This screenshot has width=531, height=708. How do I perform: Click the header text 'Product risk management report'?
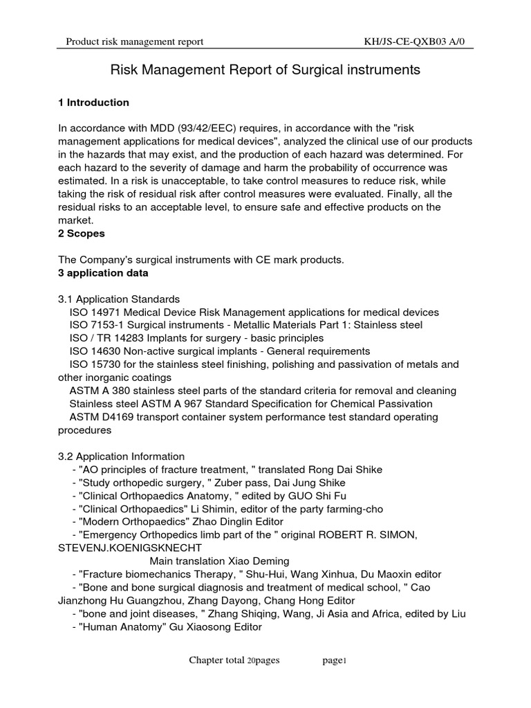point(134,42)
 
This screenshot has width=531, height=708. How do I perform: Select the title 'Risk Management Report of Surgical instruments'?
point(265,70)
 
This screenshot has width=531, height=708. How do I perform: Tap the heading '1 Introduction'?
point(93,102)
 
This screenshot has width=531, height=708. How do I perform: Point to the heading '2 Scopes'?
point(82,233)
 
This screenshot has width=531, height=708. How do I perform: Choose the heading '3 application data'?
point(103,272)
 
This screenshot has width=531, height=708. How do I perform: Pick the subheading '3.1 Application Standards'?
point(119,299)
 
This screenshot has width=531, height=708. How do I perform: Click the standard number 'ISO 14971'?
point(95,312)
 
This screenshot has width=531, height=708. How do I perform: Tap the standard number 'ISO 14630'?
point(95,351)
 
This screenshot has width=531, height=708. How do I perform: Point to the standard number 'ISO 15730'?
point(95,364)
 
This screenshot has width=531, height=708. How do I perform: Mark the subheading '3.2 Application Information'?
point(121,456)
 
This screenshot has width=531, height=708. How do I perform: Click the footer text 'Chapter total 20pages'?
point(234,660)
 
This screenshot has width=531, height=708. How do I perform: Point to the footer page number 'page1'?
point(334,660)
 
